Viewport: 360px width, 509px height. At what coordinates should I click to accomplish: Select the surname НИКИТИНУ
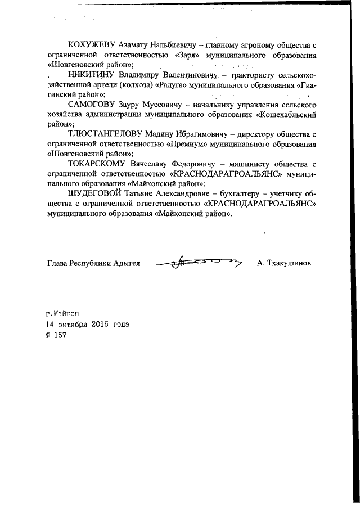[90, 75]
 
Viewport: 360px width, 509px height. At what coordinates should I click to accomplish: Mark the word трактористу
[256, 75]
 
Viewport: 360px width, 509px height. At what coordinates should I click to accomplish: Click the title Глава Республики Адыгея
[93, 263]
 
